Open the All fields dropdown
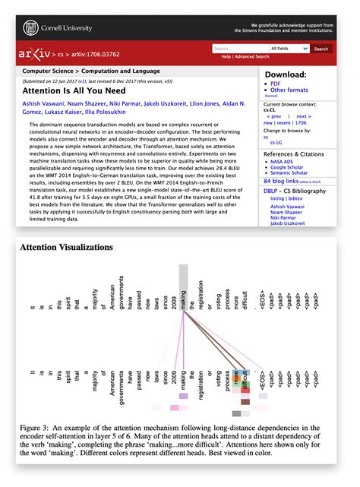pos(292,49)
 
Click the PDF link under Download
pos(275,84)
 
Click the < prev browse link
pos(274,116)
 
